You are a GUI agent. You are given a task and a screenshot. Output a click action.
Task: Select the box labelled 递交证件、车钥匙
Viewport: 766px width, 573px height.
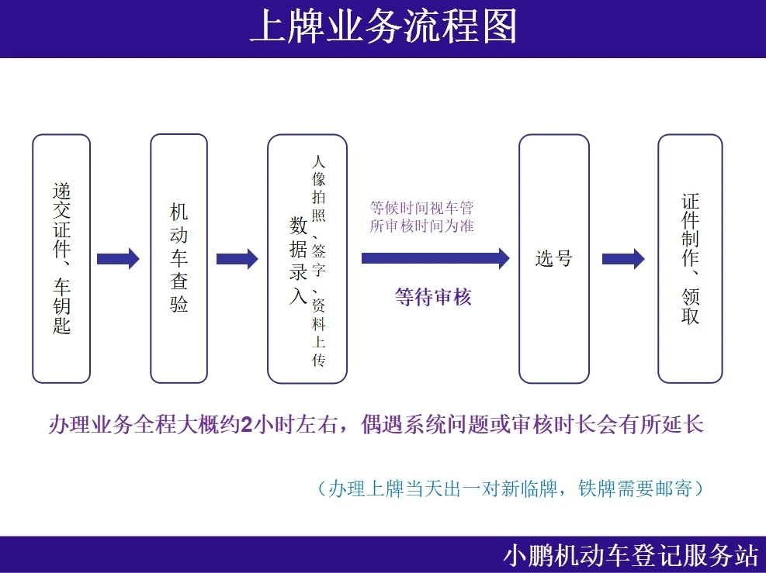(x=61, y=259)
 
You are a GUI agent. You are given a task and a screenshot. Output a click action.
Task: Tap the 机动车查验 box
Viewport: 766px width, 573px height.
(x=179, y=259)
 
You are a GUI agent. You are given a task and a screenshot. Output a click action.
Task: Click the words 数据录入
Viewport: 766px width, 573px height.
(x=298, y=261)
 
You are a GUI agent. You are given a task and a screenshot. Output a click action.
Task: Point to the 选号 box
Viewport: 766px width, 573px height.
(x=554, y=259)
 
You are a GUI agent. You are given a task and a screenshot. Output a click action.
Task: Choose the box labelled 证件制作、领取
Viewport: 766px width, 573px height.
(x=690, y=259)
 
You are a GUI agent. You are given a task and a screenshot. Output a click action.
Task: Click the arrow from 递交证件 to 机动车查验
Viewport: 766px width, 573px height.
(x=118, y=259)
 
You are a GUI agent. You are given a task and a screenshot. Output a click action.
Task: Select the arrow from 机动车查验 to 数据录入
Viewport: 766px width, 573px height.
(x=237, y=259)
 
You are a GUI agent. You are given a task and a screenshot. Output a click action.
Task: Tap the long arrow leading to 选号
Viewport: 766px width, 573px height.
(x=435, y=258)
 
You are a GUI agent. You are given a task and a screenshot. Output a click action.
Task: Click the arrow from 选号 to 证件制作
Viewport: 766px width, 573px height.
(x=623, y=259)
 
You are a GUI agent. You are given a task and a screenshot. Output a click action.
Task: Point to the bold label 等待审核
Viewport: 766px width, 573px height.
(x=433, y=297)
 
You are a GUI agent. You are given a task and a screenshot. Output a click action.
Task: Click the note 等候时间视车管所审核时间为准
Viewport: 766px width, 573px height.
(x=421, y=216)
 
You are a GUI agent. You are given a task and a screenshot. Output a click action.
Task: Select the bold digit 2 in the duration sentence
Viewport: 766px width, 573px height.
(x=247, y=425)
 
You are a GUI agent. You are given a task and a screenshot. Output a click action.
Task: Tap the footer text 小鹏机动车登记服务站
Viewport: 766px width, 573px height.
(x=631, y=555)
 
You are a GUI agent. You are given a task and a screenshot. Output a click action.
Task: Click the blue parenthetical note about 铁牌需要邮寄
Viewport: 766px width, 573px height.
(x=511, y=488)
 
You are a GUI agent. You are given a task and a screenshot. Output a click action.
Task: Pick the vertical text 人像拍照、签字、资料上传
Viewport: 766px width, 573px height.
(x=318, y=261)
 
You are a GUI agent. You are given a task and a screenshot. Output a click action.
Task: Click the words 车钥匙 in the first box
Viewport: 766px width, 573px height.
(x=61, y=306)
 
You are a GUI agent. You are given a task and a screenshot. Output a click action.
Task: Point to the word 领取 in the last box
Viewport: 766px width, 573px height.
(x=690, y=306)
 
